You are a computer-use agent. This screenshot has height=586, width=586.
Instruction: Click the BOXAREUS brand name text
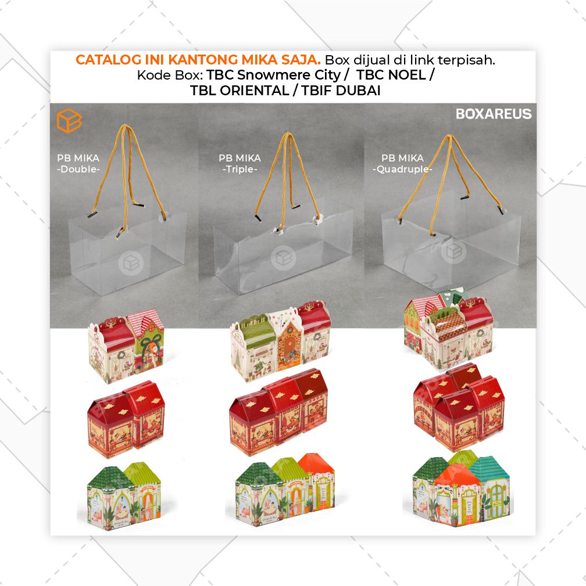493,114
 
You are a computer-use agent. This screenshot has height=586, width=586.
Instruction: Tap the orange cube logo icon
69,121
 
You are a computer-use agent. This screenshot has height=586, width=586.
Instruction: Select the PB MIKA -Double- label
78,164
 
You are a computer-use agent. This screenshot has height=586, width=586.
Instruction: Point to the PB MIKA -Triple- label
240,164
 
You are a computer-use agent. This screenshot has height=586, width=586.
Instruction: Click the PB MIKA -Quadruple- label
402,164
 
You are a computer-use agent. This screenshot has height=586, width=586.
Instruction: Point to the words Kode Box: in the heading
170,75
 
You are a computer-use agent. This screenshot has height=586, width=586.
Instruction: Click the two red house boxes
126,419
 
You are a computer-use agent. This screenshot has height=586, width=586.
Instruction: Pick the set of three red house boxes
279,412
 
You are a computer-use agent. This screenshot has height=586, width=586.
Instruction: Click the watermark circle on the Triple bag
283,257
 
